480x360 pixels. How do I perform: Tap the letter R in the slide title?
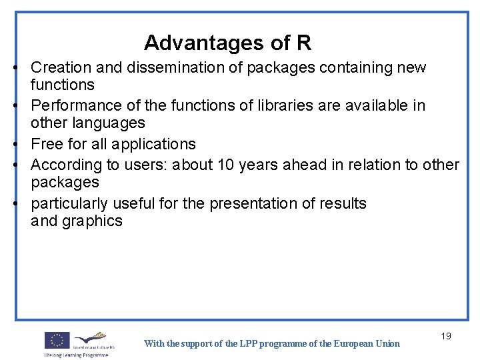304,43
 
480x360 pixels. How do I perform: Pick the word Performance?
73,105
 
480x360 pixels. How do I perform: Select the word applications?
153,144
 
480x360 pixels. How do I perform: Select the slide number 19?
446,336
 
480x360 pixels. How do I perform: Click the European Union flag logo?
57,340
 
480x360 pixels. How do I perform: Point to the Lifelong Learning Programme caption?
76,355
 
